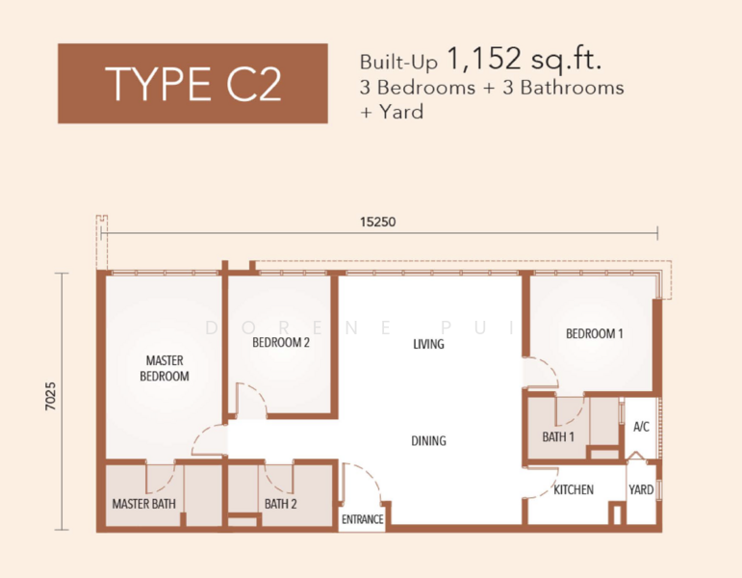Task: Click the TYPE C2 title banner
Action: click(192, 84)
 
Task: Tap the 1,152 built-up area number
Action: click(484, 59)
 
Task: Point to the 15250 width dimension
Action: click(377, 222)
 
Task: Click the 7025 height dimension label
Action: click(51, 396)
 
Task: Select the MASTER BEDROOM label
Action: click(165, 368)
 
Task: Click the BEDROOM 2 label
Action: click(281, 342)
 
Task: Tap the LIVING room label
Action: click(428, 344)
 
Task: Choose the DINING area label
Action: click(428, 441)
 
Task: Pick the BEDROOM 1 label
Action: click(595, 333)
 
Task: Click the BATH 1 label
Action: click(558, 436)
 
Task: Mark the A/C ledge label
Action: click(641, 427)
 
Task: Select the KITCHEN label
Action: click(574, 489)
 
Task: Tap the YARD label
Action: click(641, 489)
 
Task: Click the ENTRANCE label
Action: click(363, 520)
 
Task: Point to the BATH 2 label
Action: click(281, 504)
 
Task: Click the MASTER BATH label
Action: click(143, 504)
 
